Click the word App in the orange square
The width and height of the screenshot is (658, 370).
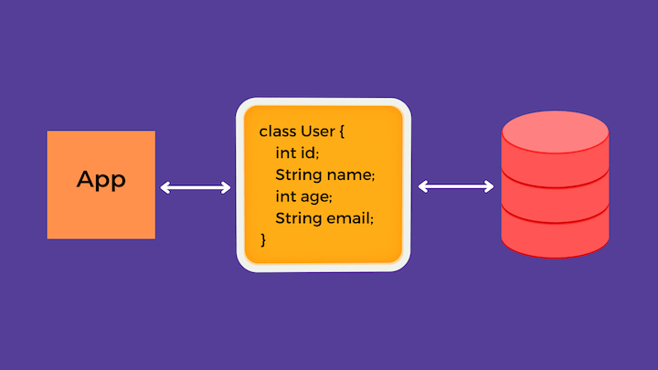tap(101, 180)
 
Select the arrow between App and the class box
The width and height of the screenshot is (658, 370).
tap(196, 187)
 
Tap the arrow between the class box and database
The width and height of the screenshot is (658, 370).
tap(456, 186)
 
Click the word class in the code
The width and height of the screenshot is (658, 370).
tap(278, 132)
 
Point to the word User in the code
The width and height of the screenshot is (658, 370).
tap(318, 132)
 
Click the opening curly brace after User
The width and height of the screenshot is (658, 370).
tap(342, 132)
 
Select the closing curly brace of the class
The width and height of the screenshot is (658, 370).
tap(263, 240)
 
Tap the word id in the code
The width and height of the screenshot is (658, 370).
tap(309, 153)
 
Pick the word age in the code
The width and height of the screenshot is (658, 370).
tap(316, 197)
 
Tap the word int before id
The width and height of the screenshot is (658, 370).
tap(286, 153)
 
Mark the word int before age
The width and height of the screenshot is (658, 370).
tap(286, 196)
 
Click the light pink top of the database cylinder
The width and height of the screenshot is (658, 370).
tap(556, 132)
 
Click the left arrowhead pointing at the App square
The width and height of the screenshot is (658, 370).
tap(164, 187)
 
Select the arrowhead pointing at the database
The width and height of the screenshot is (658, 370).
tap(489, 186)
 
